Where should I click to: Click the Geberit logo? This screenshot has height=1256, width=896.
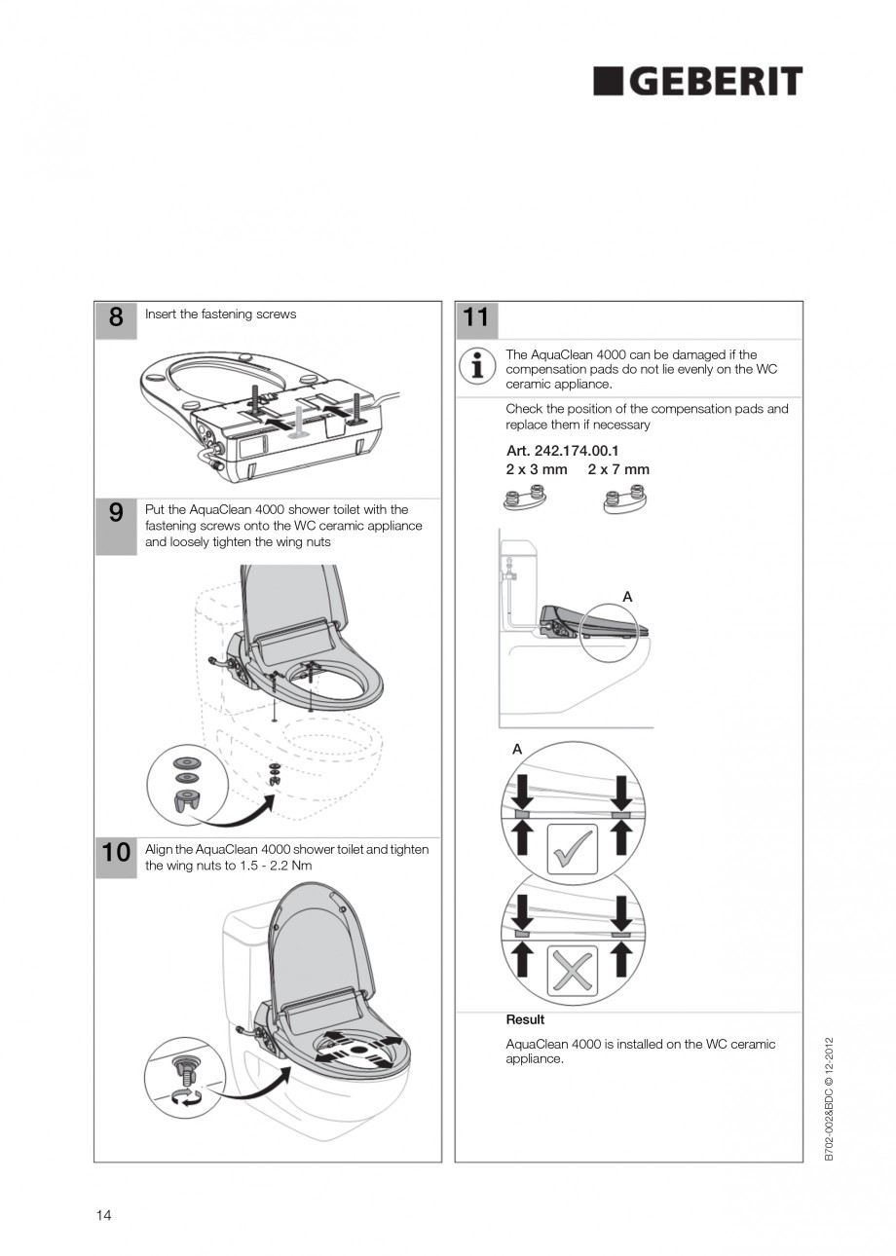(697, 82)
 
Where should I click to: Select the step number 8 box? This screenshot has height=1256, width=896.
(116, 319)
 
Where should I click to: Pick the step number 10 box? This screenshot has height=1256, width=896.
(116, 854)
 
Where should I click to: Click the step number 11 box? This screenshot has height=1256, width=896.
(476, 319)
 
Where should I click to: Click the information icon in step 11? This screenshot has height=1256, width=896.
(476, 367)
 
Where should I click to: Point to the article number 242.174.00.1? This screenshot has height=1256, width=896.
(562, 452)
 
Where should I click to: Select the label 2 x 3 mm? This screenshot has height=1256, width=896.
(536, 469)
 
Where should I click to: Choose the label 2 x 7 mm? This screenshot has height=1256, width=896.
(618, 469)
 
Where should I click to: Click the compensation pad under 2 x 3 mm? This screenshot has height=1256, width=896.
(523, 500)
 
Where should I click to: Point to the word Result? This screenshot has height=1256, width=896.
(525, 1019)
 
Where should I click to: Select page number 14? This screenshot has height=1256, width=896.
(103, 1214)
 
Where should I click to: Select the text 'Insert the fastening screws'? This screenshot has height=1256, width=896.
(221, 314)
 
